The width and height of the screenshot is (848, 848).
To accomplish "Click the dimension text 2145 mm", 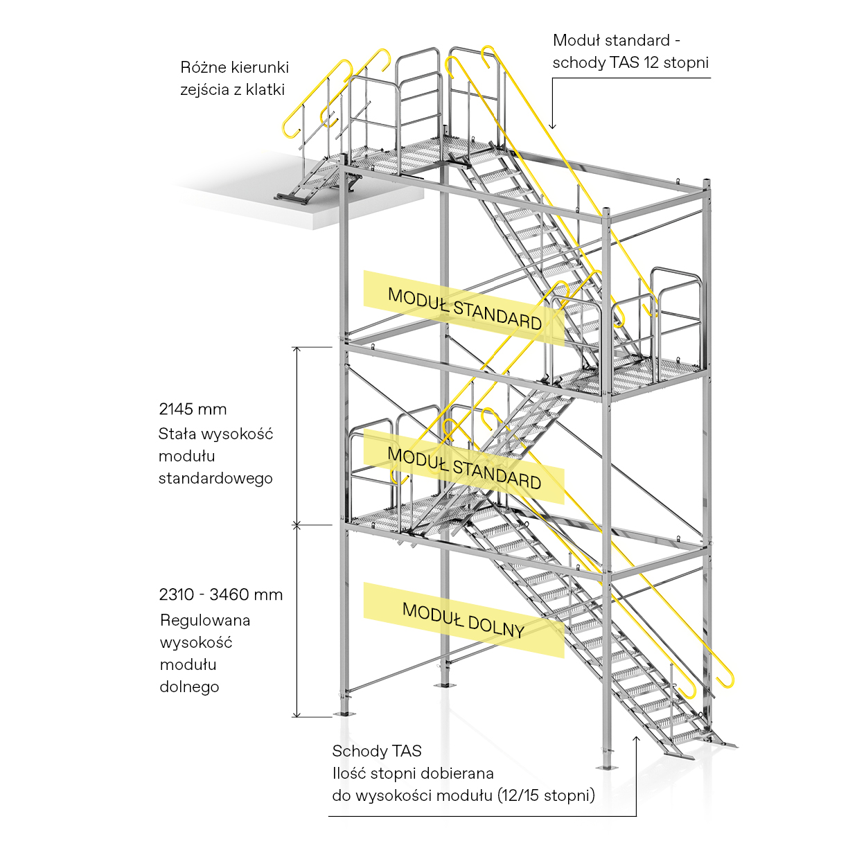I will coord(193,409).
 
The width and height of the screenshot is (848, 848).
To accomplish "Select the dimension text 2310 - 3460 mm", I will coord(220,595).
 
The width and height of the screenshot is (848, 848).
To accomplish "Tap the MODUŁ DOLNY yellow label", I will coord(463,619).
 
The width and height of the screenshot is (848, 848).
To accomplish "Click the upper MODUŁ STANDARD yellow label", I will coord(463,308).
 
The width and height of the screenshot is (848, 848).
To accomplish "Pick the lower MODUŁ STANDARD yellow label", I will coord(463,468).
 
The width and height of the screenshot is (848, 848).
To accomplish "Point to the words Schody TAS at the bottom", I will coord(376,751).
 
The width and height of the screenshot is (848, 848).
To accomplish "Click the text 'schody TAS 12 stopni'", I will coord(630,62).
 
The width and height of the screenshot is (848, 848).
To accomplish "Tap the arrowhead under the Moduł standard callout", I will coord(552,125).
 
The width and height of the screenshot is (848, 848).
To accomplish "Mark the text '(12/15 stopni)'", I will coord(546,795).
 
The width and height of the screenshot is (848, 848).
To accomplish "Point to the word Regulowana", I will coord(204,620).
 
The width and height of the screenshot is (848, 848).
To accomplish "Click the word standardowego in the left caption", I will coord(215,479).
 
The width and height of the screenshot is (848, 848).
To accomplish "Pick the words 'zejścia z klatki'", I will coord(232,90).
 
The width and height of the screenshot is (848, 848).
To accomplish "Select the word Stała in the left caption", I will coord(175,434).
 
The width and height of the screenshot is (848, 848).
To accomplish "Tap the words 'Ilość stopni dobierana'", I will coord(412,773).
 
